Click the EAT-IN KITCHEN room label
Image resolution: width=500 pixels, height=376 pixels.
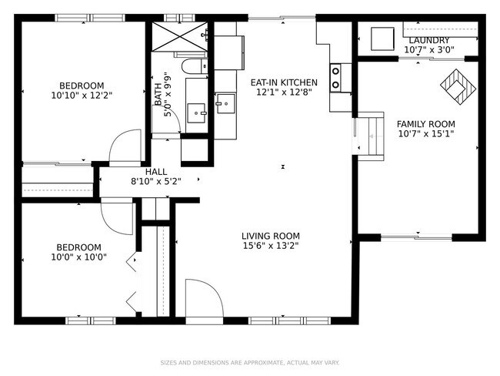284,82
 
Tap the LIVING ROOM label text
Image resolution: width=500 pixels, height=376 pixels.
271,236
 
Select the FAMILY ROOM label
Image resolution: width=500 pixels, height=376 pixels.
425,124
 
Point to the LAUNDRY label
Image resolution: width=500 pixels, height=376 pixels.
429,41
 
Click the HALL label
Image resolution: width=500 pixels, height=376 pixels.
156,172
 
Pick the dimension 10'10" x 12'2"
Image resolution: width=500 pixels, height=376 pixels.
82,96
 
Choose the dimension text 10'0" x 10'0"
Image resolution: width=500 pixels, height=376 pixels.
78,257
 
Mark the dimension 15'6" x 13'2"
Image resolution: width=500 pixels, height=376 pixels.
271,246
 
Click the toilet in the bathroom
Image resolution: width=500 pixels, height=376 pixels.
195,66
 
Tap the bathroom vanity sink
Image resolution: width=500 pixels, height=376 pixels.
196,113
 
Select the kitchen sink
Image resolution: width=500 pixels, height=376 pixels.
225,103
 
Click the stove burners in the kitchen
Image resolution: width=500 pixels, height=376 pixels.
335,78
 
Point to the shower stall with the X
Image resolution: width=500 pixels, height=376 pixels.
179,37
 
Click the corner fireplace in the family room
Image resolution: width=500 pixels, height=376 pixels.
458,87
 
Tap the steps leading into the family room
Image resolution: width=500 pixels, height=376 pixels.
371,136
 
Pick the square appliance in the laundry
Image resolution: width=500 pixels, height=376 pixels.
382,39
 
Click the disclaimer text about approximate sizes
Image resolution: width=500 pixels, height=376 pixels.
250,363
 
